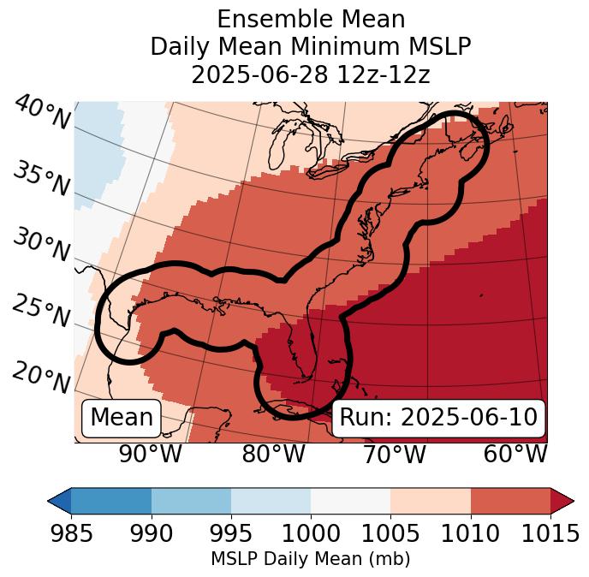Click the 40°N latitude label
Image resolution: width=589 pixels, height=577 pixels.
coord(42,114)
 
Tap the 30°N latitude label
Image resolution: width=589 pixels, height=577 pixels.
coord(40,246)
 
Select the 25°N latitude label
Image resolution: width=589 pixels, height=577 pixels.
coord(40,312)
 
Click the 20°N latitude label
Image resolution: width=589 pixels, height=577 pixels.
coord(40,377)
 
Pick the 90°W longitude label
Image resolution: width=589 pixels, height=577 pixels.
coord(150,454)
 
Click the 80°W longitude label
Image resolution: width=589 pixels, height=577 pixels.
coord(273,454)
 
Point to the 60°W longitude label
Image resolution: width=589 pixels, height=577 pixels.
coord(515,454)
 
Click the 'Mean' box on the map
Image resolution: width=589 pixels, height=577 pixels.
coord(122,418)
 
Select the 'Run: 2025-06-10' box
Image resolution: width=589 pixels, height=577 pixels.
coord(438,418)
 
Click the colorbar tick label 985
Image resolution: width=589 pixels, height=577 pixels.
coord(71,533)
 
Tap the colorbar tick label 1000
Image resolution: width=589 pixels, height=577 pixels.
coord(311,533)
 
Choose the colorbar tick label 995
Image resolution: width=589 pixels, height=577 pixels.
coord(231,533)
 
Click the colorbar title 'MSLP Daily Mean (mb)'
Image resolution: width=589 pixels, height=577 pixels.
coord(310,559)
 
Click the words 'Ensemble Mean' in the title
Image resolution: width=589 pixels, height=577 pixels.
coord(311,19)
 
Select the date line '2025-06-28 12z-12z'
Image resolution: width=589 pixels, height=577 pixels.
coord(311,74)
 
